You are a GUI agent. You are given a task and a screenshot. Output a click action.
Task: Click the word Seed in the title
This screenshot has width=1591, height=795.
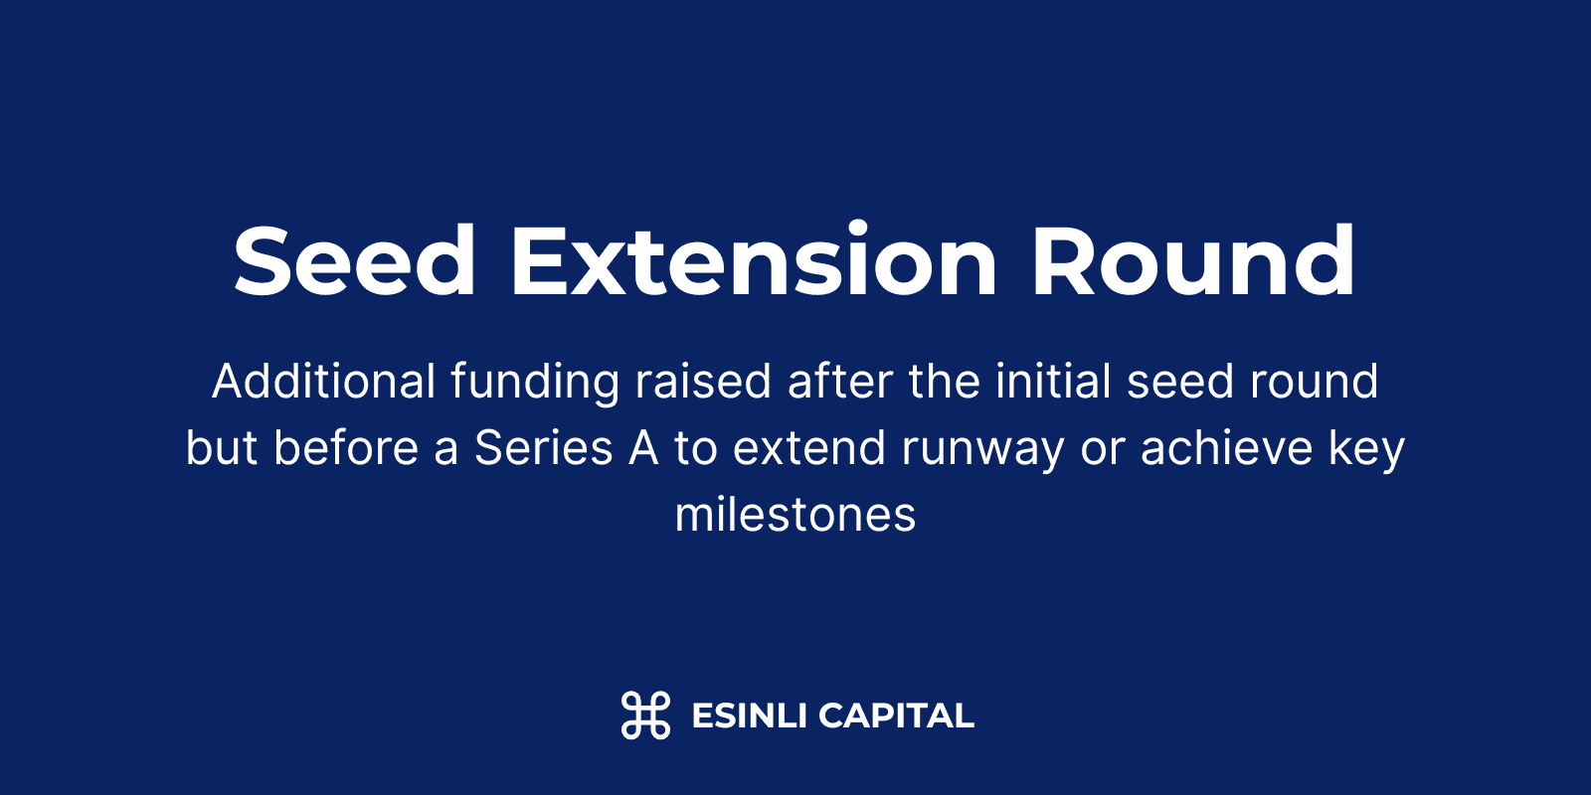[354, 260]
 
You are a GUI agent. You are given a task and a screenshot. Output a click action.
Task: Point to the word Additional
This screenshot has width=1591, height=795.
[324, 382]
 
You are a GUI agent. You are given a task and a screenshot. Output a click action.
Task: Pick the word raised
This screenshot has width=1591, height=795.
[702, 382]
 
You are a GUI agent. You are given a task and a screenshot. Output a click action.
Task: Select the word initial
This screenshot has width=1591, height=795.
[1053, 382]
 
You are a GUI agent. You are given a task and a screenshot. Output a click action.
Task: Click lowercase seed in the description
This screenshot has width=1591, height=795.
[1181, 382]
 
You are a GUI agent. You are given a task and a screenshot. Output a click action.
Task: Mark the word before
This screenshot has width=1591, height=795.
[346, 448]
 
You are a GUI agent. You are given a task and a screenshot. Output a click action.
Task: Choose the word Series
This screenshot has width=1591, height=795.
[543, 448]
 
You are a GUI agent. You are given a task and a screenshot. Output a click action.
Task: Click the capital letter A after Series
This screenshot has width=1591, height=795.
[643, 448]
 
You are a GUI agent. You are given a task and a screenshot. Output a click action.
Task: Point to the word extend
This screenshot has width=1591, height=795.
[809, 448]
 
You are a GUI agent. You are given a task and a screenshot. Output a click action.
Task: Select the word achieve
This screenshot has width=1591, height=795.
[1227, 448]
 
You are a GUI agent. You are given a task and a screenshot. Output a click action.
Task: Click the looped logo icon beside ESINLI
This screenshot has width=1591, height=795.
[645, 715]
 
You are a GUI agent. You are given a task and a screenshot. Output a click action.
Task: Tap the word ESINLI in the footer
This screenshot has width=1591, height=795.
[749, 715]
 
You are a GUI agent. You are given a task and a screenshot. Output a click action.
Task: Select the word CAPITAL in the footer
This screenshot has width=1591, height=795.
[896, 715]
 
